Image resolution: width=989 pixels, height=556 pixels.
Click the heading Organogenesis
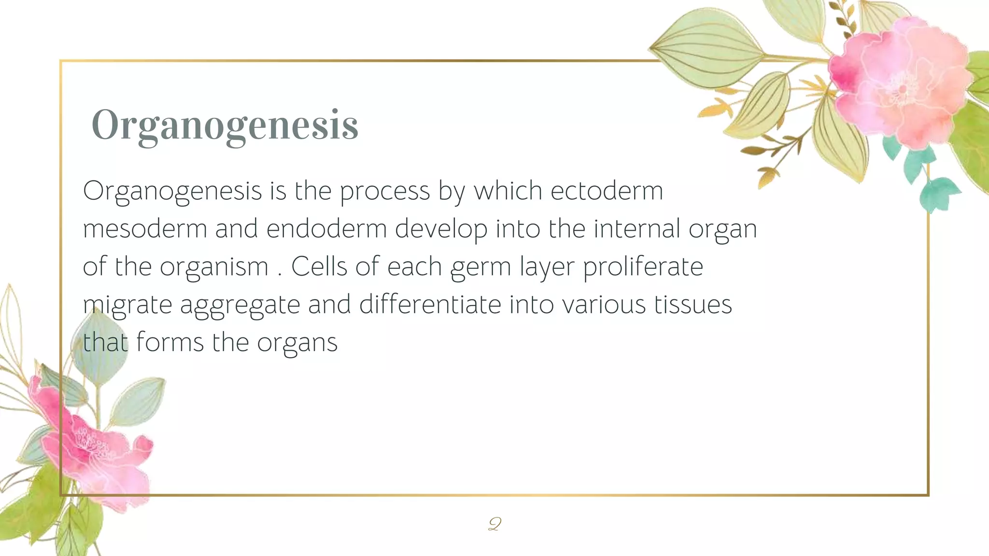click(225, 125)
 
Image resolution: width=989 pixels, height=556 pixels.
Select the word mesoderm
click(145, 228)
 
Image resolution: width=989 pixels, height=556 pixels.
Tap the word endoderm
click(326, 228)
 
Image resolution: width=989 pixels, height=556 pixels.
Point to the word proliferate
click(643, 266)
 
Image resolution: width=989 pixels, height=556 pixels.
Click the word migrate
click(127, 305)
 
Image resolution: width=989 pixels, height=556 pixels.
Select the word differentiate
click(430, 305)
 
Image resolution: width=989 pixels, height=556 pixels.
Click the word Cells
click(319, 266)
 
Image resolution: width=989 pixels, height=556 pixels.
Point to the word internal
click(636, 228)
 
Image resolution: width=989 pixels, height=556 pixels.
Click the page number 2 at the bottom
click(494, 524)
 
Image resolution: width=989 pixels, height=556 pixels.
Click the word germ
click(480, 267)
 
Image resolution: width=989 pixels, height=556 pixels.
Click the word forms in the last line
click(170, 342)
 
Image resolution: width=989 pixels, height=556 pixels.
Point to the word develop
click(441, 229)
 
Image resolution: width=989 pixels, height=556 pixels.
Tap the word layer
click(547, 267)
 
